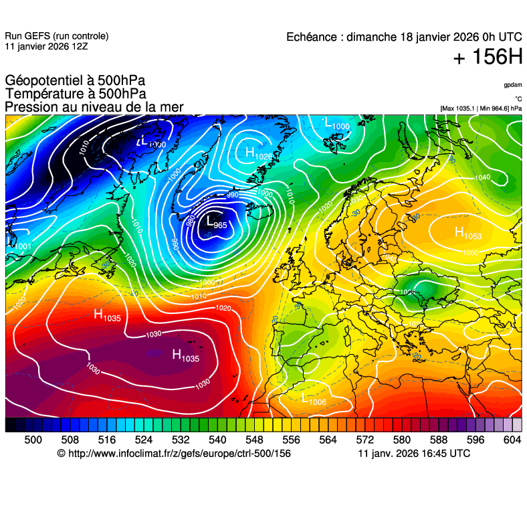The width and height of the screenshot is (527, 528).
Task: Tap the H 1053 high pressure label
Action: tap(467, 233)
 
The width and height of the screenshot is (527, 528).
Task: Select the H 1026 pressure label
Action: tap(259, 154)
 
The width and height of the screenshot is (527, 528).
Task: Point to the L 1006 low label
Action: tap(314, 400)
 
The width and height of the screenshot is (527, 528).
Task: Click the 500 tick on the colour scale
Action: tap(33, 440)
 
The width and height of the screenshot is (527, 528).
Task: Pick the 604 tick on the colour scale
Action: tap(512, 440)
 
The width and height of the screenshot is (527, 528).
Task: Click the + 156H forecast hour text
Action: tap(488, 58)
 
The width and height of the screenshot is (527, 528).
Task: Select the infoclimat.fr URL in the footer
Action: tap(179, 454)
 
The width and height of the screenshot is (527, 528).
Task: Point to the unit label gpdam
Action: tap(513, 85)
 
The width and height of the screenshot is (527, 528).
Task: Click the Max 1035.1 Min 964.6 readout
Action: tap(481, 108)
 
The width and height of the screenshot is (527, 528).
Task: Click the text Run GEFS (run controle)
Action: tap(56, 36)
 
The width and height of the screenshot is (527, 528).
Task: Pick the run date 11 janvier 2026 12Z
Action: tap(45, 46)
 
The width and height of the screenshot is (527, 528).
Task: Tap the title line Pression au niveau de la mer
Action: tap(94, 107)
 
